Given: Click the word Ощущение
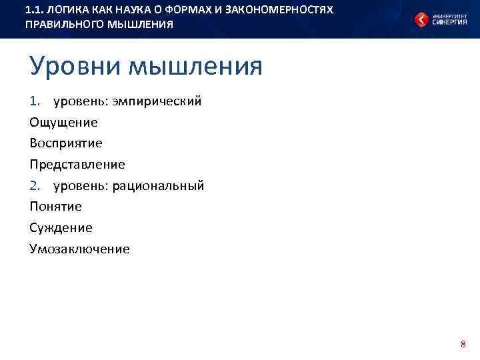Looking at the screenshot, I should pos(63,123).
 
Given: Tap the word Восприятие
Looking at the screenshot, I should pos(65,143).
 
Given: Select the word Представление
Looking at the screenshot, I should pos(77,165).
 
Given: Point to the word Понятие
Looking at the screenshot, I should pos(55,207).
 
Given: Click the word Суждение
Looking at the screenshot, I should pos(61,228).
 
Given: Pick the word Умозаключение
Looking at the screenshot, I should pos(79,249).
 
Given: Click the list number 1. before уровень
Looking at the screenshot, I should pos(36,101).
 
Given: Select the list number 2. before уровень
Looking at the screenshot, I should pos(36,185).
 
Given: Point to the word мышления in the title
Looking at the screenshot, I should pos(196,67).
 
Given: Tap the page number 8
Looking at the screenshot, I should pos(463,344).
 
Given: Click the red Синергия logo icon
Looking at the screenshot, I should pos(422,19).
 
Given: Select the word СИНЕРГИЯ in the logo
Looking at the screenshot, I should pos(450,22).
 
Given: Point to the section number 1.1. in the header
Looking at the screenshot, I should pos(34,11).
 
